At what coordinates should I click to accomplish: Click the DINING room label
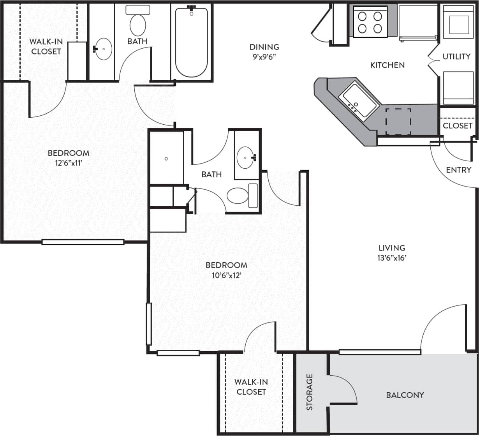point(264,47)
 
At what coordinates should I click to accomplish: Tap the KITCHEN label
point(387,65)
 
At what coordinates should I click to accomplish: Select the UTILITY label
point(456,56)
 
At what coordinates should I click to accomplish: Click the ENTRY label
point(458,170)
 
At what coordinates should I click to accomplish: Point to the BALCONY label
point(405,395)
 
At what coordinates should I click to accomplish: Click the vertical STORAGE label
point(310,392)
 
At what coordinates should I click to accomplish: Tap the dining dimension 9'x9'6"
point(264,57)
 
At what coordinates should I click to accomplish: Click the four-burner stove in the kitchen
point(370,22)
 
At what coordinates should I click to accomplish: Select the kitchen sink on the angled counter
point(359,100)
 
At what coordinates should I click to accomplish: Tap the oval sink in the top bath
point(103,49)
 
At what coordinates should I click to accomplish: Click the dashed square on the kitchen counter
point(398,122)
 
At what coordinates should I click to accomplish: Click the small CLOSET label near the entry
point(457,125)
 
